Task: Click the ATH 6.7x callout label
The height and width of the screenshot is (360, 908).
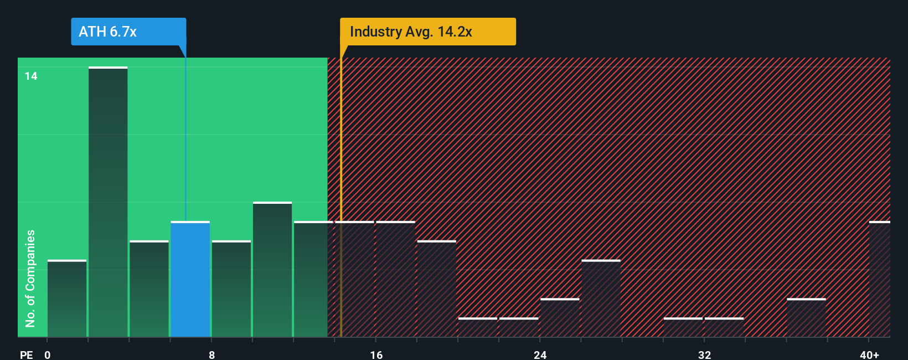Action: click(x=128, y=32)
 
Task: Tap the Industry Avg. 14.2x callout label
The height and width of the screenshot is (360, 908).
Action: click(x=427, y=32)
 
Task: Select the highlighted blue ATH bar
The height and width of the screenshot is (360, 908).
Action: click(x=190, y=279)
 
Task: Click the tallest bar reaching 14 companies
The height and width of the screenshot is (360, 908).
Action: click(x=108, y=202)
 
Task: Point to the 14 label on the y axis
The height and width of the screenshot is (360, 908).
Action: click(x=31, y=76)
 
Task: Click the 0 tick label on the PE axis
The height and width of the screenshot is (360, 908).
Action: click(x=48, y=354)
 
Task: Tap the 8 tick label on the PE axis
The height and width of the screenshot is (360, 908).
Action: click(x=211, y=354)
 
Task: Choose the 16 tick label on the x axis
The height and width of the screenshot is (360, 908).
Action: click(x=376, y=354)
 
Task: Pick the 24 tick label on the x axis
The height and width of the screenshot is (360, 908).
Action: click(x=540, y=354)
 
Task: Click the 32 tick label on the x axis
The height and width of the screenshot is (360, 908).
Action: click(x=704, y=354)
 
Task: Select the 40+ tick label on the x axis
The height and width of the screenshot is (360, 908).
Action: click(x=869, y=354)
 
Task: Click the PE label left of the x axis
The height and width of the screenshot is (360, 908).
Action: click(x=26, y=354)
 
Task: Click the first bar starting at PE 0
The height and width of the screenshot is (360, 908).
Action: click(x=67, y=299)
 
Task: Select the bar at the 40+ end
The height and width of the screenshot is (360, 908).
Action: click(x=879, y=279)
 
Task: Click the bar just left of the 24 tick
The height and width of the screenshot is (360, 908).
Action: click(x=519, y=327)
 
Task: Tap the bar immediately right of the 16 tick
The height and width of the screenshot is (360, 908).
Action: click(x=395, y=279)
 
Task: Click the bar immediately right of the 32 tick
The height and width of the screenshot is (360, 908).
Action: click(x=724, y=327)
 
